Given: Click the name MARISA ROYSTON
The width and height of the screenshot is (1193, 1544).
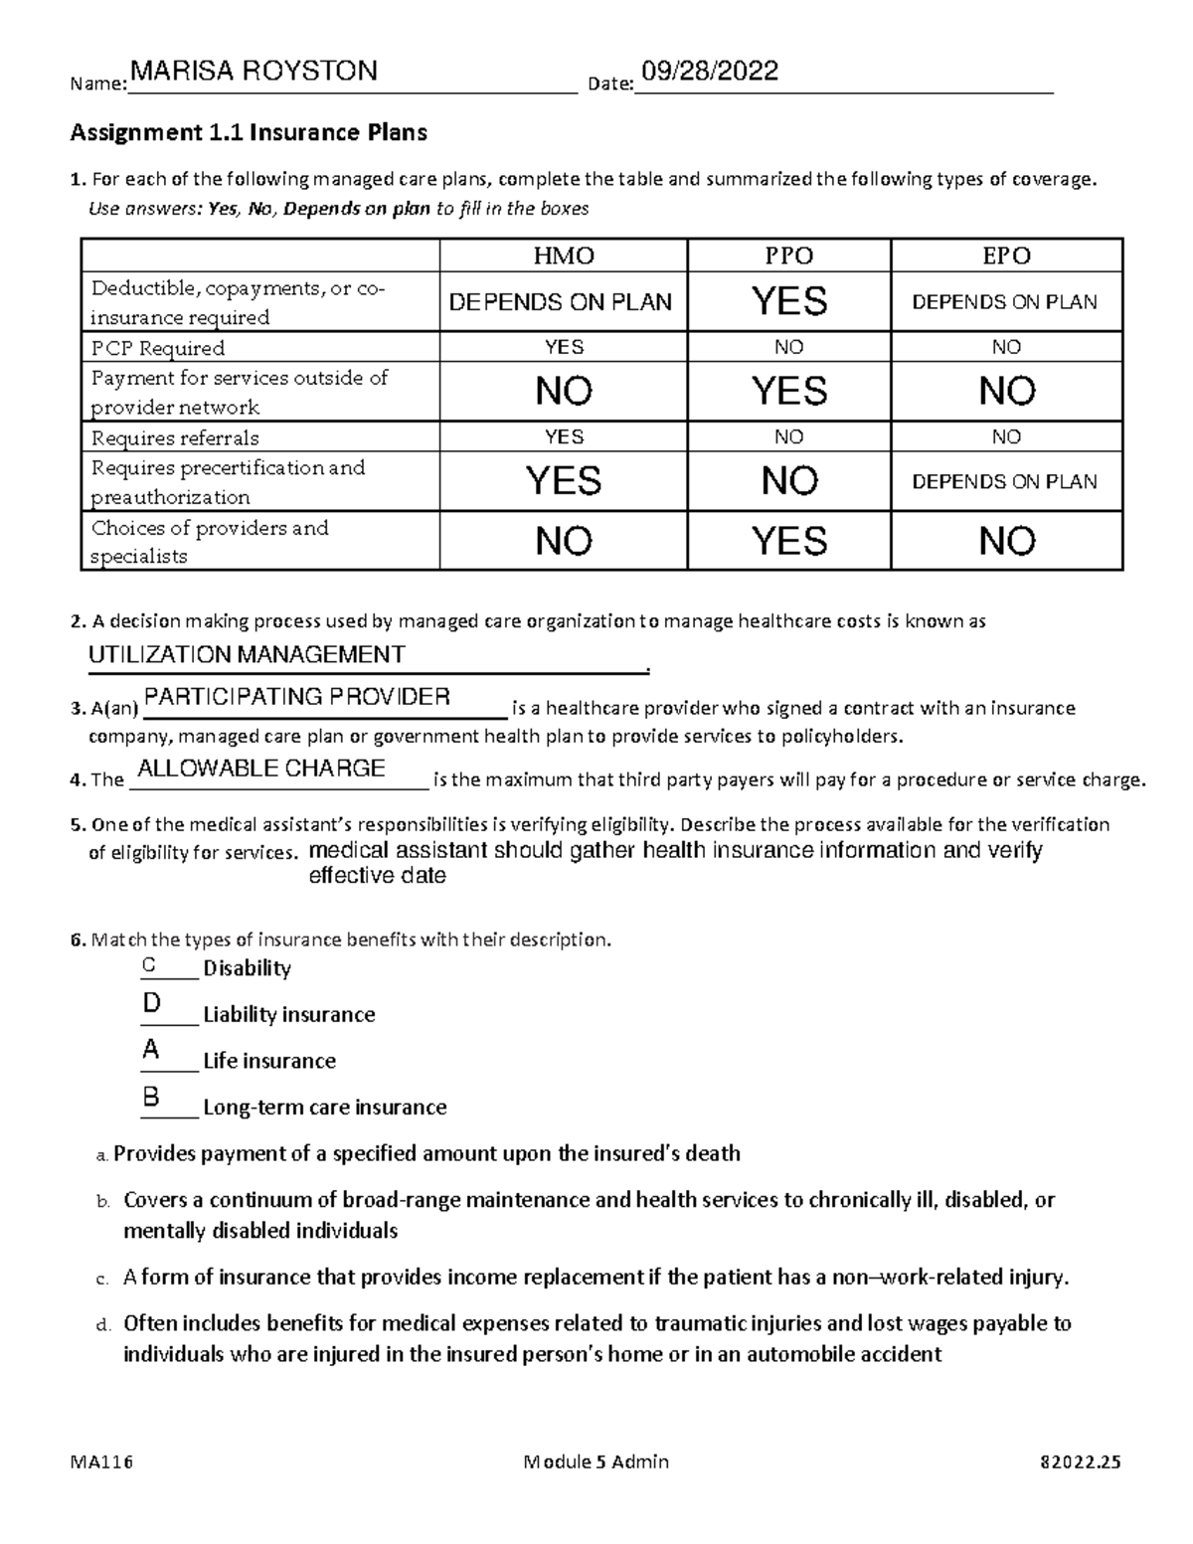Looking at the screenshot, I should point(254,72).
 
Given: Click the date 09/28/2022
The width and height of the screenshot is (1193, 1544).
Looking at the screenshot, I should point(710,72).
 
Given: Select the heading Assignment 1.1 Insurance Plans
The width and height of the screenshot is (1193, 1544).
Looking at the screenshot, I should point(248,132).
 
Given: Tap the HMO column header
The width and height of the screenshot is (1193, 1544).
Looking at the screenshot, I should point(564,256).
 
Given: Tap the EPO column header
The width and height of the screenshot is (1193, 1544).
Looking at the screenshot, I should point(1006,256).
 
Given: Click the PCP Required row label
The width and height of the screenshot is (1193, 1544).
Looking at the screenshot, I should point(158,348).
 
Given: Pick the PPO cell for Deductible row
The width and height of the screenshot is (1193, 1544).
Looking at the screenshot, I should point(789,301).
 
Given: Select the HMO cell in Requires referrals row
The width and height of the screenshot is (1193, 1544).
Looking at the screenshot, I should point(564,436).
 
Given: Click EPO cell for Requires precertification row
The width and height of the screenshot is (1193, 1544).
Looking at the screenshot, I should point(1006,481).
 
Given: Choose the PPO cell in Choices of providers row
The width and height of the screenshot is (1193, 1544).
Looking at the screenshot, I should point(789,541).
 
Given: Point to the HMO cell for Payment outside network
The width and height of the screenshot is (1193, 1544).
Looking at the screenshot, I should point(564,391).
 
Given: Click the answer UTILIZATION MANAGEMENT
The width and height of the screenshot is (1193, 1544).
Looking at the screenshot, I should point(247,654).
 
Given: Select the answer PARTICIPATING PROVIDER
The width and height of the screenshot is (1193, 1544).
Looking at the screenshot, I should point(297,696).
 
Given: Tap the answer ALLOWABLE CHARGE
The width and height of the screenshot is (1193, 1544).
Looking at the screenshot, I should point(261,768).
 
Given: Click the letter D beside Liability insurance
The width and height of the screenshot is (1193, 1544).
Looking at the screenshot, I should point(151,1004).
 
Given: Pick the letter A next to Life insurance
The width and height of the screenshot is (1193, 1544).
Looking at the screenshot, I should point(151,1050).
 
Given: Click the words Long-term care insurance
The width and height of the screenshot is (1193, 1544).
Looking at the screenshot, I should point(324,1107).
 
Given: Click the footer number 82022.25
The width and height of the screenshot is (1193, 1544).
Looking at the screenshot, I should point(1079,1461).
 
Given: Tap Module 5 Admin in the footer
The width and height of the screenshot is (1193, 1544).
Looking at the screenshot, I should point(596,1461).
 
